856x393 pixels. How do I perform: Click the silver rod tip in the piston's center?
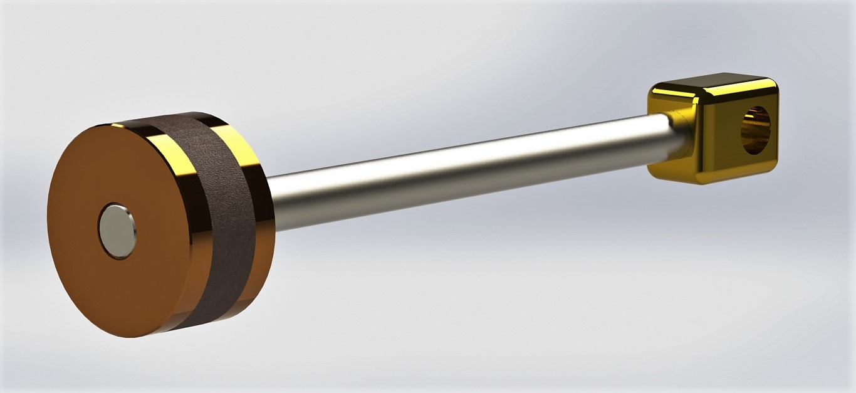[x=117, y=230]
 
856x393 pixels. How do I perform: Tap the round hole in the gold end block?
[x=757, y=130]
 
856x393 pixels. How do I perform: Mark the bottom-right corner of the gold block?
[x=773, y=168]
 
